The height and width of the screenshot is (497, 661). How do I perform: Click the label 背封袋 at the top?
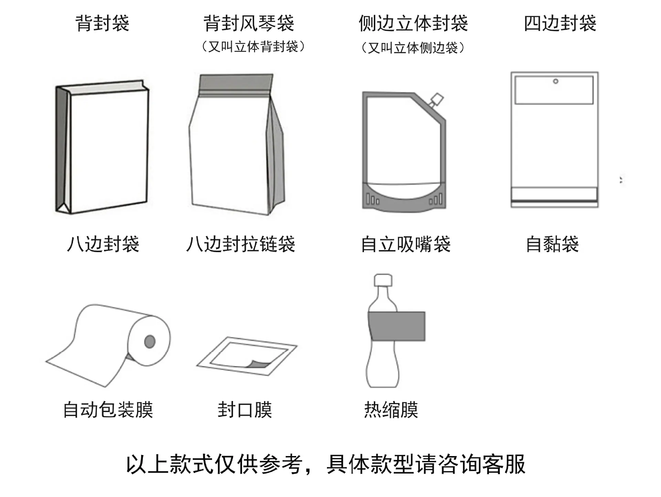click(x=102, y=23)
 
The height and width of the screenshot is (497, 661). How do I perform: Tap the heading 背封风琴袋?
click(x=249, y=23)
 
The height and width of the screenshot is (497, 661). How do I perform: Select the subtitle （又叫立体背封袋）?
click(x=253, y=46)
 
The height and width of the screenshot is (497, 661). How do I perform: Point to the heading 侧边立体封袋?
click(x=413, y=23)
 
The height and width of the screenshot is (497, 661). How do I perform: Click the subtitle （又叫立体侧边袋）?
click(x=413, y=48)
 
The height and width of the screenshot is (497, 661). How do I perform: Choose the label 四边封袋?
click(x=560, y=23)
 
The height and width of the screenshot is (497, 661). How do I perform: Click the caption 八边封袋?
click(x=103, y=244)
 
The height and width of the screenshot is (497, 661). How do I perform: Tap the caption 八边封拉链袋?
click(x=241, y=244)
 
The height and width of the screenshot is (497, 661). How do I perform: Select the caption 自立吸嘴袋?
click(x=406, y=244)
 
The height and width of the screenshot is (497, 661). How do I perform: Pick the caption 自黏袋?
click(x=552, y=244)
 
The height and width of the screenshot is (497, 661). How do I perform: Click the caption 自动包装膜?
click(x=108, y=410)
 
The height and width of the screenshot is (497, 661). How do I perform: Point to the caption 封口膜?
click(x=245, y=410)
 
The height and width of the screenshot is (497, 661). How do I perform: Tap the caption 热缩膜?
click(x=391, y=410)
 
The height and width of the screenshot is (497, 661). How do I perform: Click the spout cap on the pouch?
click(x=437, y=99)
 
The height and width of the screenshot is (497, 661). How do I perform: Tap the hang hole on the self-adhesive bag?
click(x=555, y=82)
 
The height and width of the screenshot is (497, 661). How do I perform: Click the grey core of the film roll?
click(x=150, y=342)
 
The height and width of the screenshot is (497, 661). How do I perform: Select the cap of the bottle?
click(x=383, y=280)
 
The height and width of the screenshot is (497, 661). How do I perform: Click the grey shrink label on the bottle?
click(x=397, y=326)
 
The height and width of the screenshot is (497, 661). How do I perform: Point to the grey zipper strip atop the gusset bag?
click(x=237, y=83)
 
